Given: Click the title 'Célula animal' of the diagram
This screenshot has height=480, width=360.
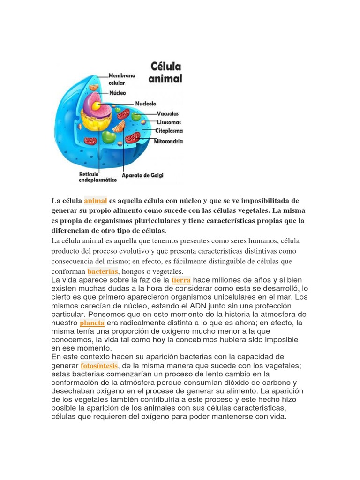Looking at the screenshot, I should point(165,72).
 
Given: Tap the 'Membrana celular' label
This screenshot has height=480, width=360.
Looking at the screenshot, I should point(122,79).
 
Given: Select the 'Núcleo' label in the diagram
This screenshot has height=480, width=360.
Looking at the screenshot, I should point(118,93).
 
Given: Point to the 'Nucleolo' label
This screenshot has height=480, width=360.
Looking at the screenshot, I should point(146,103).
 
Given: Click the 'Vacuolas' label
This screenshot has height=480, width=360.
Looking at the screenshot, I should point(167,113).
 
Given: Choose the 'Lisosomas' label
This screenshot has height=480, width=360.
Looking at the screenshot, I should point(169,122).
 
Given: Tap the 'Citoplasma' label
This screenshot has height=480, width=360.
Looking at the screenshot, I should point(170,131).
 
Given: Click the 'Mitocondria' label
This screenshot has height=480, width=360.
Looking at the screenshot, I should point(169,141).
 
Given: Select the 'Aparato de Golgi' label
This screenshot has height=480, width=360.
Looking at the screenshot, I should point(142,175).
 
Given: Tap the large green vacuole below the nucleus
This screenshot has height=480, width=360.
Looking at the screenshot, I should point(109,137).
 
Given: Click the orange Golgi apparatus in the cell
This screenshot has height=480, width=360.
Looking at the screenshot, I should point(119,126).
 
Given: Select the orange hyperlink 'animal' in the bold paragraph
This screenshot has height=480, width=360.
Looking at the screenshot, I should point(96,201).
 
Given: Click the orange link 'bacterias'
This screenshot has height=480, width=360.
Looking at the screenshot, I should point(102,271).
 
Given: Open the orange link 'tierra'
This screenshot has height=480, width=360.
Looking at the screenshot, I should point(181,280).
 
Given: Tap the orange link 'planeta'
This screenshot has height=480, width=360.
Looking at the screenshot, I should point(92,323).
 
